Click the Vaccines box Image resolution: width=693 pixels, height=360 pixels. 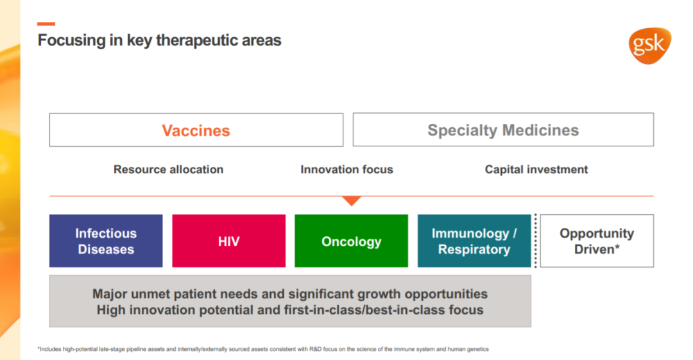(196, 130)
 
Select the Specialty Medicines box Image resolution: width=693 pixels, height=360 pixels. (503, 130)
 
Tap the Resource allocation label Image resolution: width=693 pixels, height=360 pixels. (168, 169)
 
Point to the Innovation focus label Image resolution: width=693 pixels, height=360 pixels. (346, 169)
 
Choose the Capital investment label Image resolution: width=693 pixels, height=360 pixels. (536, 169)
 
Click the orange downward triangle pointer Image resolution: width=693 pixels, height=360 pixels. (352, 201)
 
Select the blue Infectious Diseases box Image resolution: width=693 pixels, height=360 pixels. (106, 241)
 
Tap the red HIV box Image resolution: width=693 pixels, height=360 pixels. (229, 241)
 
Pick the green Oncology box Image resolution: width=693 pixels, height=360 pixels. (352, 241)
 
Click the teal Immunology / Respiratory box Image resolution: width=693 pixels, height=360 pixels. (474, 241)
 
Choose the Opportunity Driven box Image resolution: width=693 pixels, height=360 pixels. (597, 241)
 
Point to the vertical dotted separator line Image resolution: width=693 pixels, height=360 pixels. (536, 241)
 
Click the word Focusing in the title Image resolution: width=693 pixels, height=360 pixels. (72, 40)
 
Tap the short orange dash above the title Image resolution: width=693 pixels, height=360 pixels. (46, 24)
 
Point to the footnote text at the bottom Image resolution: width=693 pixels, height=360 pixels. (263, 349)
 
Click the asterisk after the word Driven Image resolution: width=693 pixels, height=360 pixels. (617, 246)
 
